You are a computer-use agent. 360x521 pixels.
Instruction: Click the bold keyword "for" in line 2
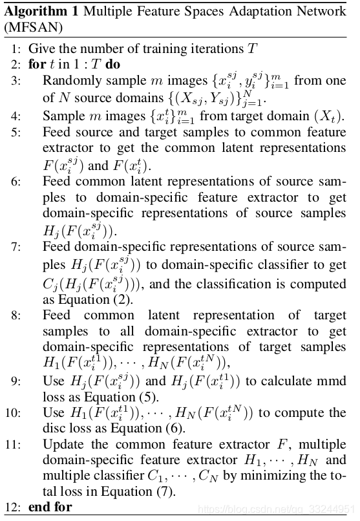(37, 64)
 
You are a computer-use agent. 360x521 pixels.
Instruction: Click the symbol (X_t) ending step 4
(331, 116)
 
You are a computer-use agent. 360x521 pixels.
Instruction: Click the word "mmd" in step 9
(332, 381)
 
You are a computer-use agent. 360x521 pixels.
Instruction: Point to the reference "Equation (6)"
(134, 428)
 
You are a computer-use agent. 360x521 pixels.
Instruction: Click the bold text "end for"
(50, 507)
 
